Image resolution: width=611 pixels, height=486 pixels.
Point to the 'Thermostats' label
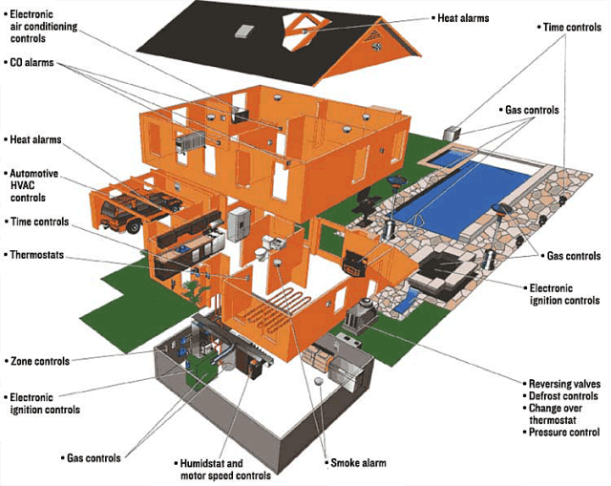(37, 255)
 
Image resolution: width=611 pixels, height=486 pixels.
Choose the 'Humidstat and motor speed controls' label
(223, 468)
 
